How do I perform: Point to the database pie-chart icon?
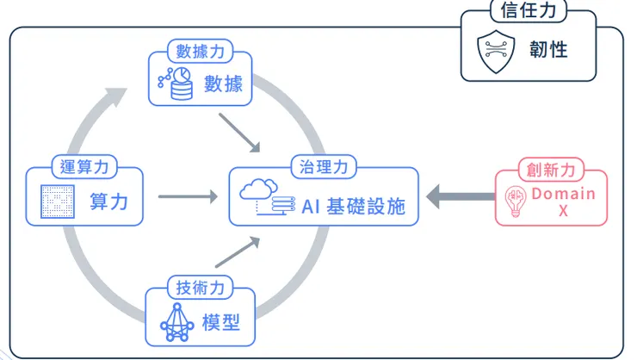175,83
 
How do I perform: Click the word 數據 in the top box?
223,84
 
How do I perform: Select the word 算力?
109,202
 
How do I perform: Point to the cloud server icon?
266,198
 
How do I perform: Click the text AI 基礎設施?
352,206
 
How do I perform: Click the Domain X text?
563,202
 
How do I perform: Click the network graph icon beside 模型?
176,323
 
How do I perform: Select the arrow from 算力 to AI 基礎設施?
187,197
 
